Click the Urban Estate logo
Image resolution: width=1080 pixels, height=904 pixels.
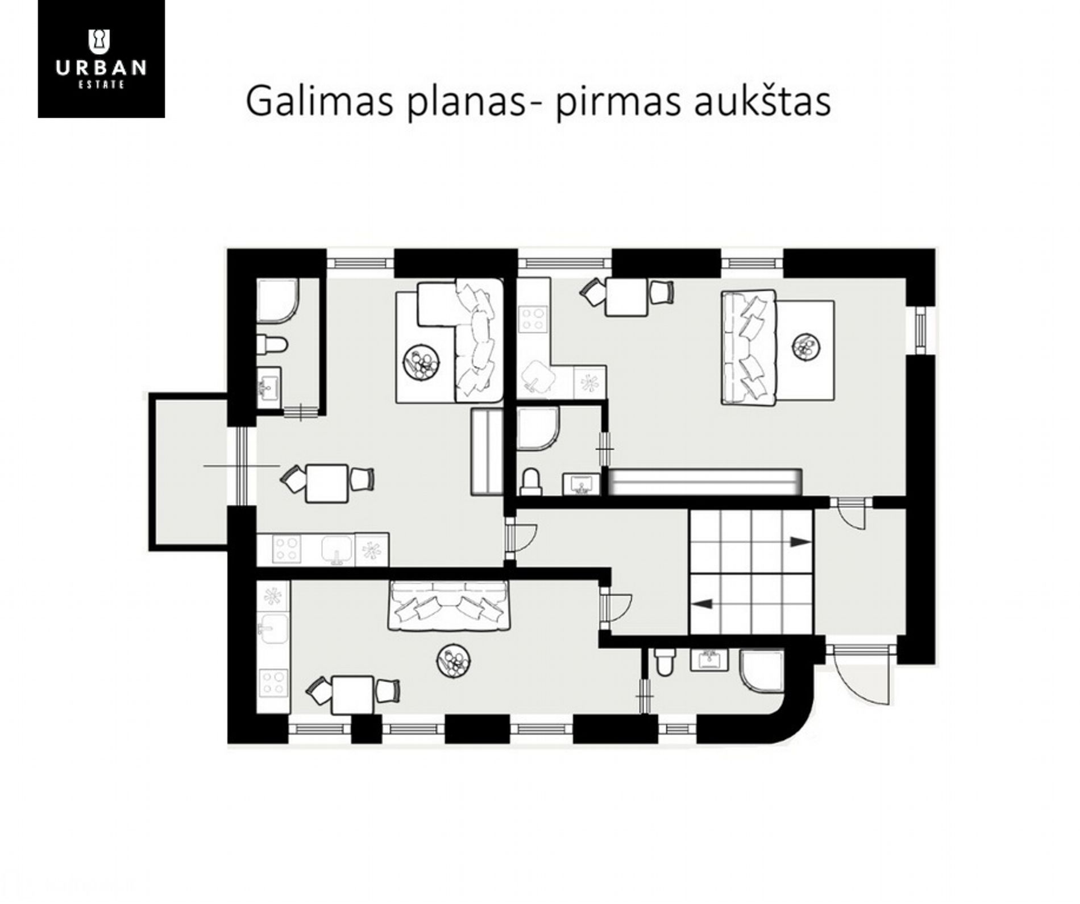point(101,59)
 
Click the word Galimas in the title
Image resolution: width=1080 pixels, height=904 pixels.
point(319,101)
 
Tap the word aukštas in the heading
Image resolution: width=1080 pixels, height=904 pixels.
point(762,102)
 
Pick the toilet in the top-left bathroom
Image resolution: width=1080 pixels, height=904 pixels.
point(272,345)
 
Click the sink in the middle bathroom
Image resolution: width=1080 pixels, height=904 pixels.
point(581,484)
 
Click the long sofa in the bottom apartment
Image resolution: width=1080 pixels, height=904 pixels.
point(449,606)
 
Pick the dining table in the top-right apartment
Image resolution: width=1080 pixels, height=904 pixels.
point(626,297)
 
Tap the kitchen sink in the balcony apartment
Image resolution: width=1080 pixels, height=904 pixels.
point(337,549)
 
